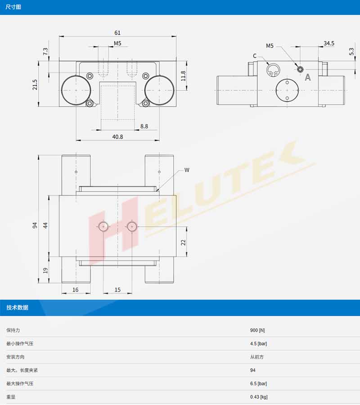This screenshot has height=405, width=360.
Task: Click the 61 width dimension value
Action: pos(117,33)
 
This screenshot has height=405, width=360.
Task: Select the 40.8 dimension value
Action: pos(117,137)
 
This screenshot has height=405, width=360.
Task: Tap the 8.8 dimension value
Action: pos(144,126)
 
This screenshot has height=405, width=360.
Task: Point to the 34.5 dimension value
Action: pos(329,43)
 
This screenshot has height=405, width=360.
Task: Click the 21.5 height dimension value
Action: pos(35,85)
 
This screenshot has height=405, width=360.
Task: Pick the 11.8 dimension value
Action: pos(183,76)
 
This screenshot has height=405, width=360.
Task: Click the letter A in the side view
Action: pos(308,77)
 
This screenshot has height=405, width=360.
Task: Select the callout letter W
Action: pos(187,170)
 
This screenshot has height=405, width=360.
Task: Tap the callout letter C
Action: pos(255,56)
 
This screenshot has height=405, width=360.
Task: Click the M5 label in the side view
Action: pos(270,46)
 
